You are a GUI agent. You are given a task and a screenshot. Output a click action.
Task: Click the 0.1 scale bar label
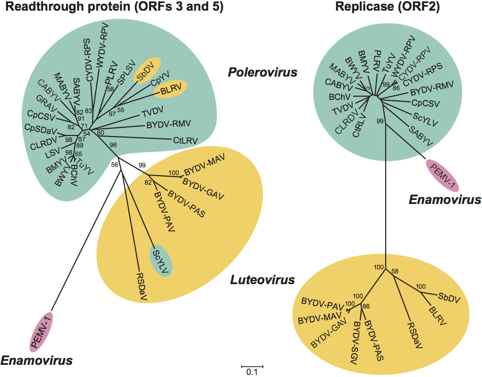click(252, 372)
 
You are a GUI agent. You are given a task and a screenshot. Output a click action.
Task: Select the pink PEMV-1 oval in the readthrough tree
click(42, 332)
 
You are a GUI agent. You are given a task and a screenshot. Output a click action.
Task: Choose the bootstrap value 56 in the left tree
click(115, 164)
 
